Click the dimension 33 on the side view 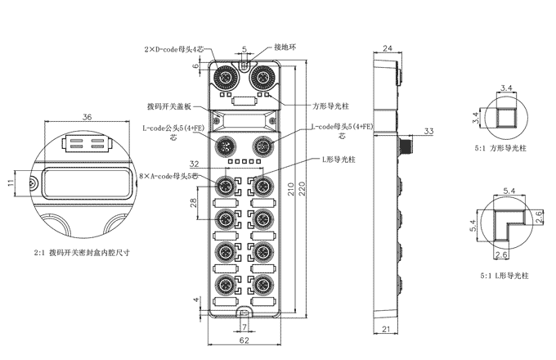[428, 131]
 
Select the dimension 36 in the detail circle [87, 117]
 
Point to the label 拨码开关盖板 [168, 106]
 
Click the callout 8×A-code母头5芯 [169, 175]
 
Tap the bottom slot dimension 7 [244, 326]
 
